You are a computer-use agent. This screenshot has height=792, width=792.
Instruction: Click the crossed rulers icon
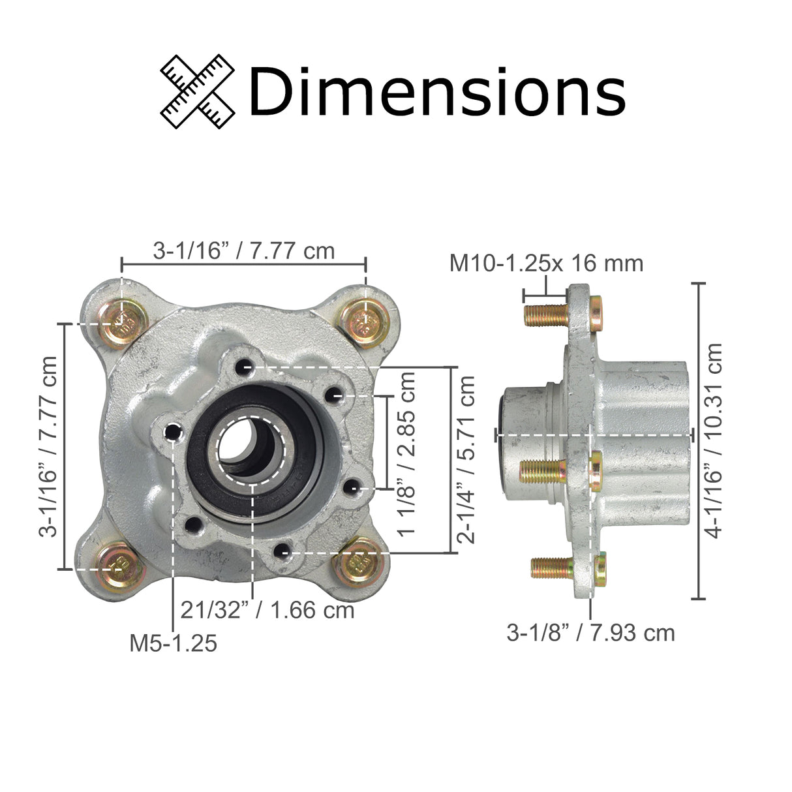(198, 91)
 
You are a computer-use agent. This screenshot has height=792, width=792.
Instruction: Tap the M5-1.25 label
(173, 643)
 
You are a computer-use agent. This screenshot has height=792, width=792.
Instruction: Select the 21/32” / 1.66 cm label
(267, 611)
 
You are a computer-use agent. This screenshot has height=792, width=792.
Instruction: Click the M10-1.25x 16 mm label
(546, 263)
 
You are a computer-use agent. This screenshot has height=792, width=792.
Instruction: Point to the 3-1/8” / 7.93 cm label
(590, 632)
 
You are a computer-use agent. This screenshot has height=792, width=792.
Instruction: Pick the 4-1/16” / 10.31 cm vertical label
(715, 440)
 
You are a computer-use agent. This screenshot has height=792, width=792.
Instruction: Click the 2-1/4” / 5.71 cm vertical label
(466, 459)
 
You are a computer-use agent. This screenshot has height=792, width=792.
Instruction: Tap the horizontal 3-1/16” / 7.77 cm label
(243, 250)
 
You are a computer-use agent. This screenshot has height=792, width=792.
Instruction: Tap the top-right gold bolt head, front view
(365, 320)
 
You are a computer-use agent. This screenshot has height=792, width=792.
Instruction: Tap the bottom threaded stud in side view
(551, 567)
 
